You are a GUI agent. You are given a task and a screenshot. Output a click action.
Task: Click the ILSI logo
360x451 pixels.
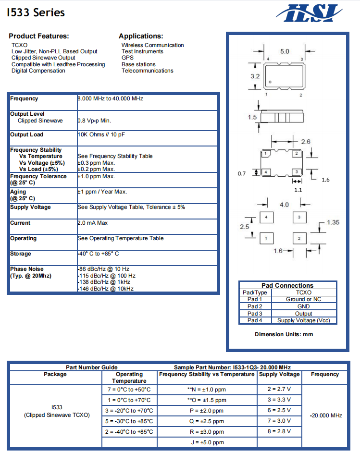tap(312, 13)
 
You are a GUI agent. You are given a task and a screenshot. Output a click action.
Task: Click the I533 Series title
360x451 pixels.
tap(36, 13)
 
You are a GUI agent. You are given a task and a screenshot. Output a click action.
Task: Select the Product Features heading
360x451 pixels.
tap(39, 36)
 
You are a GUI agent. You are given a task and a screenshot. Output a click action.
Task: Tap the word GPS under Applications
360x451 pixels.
tap(127, 58)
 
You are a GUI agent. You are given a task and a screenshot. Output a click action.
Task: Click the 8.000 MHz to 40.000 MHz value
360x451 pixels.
tap(111, 98)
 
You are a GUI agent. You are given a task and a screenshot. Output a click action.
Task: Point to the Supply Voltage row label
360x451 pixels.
tap(30, 207)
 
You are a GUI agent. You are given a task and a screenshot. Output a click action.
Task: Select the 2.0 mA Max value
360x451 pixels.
tap(93, 223)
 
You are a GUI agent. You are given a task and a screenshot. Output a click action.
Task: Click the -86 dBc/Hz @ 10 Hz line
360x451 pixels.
tap(104, 269)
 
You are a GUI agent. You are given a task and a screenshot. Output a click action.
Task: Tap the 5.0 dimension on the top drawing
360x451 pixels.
tap(285, 51)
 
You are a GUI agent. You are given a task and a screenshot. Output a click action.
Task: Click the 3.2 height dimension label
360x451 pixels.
tap(255, 76)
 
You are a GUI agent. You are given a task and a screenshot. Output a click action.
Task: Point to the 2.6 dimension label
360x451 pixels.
tap(306, 141)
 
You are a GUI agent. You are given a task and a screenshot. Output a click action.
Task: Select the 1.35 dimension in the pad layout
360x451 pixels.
tap(333, 222)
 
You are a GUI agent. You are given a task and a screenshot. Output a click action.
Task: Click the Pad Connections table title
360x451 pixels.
tap(287, 285)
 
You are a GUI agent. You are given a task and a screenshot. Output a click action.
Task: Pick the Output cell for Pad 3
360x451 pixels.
tap(303, 313)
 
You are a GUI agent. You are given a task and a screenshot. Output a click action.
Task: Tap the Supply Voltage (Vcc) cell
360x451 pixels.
tap(303, 320)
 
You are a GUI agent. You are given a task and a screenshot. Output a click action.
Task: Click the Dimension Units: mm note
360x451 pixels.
tap(284, 334)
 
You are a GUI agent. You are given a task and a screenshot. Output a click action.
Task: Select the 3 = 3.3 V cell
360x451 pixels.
tap(279, 400)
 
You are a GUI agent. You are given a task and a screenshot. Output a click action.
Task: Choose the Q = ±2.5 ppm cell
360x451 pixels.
tap(207, 421)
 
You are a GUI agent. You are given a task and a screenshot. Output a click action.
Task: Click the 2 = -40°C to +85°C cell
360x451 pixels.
tap(129, 432)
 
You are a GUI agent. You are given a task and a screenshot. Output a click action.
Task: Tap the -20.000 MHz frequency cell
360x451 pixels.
tap(326, 415)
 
